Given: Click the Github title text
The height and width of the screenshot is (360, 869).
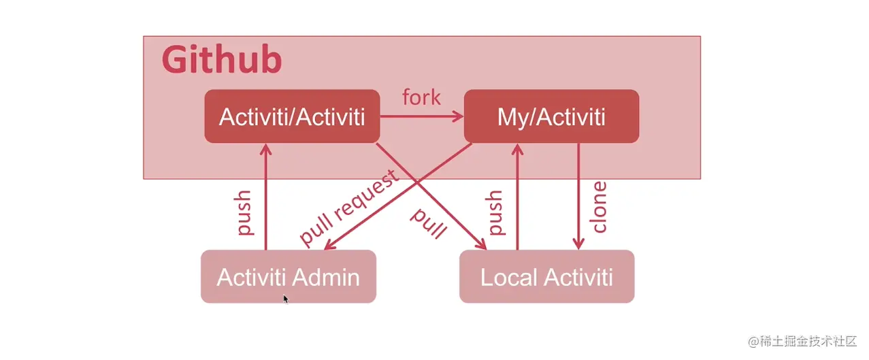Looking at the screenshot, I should (222, 60).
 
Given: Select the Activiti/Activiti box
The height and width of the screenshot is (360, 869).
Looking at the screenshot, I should (292, 116).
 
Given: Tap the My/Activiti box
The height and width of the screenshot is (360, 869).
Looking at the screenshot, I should (551, 116).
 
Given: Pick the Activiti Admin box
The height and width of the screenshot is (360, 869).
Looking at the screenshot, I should (288, 277).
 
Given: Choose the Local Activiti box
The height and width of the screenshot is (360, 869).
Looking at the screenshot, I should (546, 277).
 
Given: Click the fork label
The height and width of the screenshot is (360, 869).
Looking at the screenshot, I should (421, 97).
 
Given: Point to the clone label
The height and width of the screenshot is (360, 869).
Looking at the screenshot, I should (599, 207).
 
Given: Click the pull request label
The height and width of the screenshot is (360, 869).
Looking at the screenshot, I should (348, 209).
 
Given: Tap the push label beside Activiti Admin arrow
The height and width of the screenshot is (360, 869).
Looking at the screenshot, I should (243, 213).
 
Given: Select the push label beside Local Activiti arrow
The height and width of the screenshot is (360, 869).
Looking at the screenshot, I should (495, 213).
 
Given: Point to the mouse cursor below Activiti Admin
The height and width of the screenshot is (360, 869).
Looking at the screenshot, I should (286, 298).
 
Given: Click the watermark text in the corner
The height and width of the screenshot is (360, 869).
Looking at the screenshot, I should (802, 341).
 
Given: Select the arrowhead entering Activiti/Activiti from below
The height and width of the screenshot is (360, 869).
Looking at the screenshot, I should (265, 148).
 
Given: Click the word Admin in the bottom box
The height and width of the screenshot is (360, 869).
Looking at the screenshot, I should (327, 277).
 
